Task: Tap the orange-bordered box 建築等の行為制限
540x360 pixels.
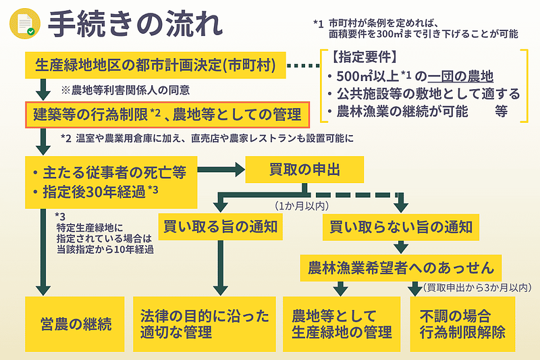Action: click(x=167, y=114)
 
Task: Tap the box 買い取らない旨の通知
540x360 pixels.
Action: click(x=400, y=228)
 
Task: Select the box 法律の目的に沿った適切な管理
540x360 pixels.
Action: click(x=205, y=323)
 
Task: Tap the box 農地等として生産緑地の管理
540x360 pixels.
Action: click(x=342, y=323)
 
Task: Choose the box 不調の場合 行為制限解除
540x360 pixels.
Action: click(x=463, y=323)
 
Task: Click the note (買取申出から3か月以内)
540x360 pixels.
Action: click(x=477, y=288)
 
